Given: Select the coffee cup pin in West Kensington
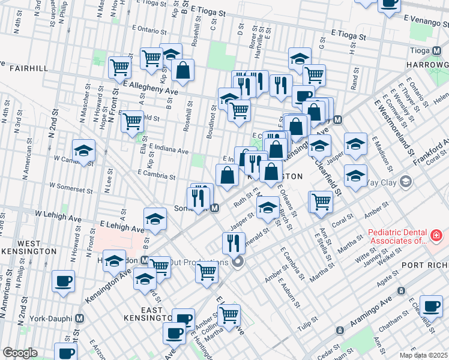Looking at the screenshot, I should [63, 281].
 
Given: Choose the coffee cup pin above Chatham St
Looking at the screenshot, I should [431, 306].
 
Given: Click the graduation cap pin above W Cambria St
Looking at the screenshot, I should [83, 150].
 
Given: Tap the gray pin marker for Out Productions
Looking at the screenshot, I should [238, 262].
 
